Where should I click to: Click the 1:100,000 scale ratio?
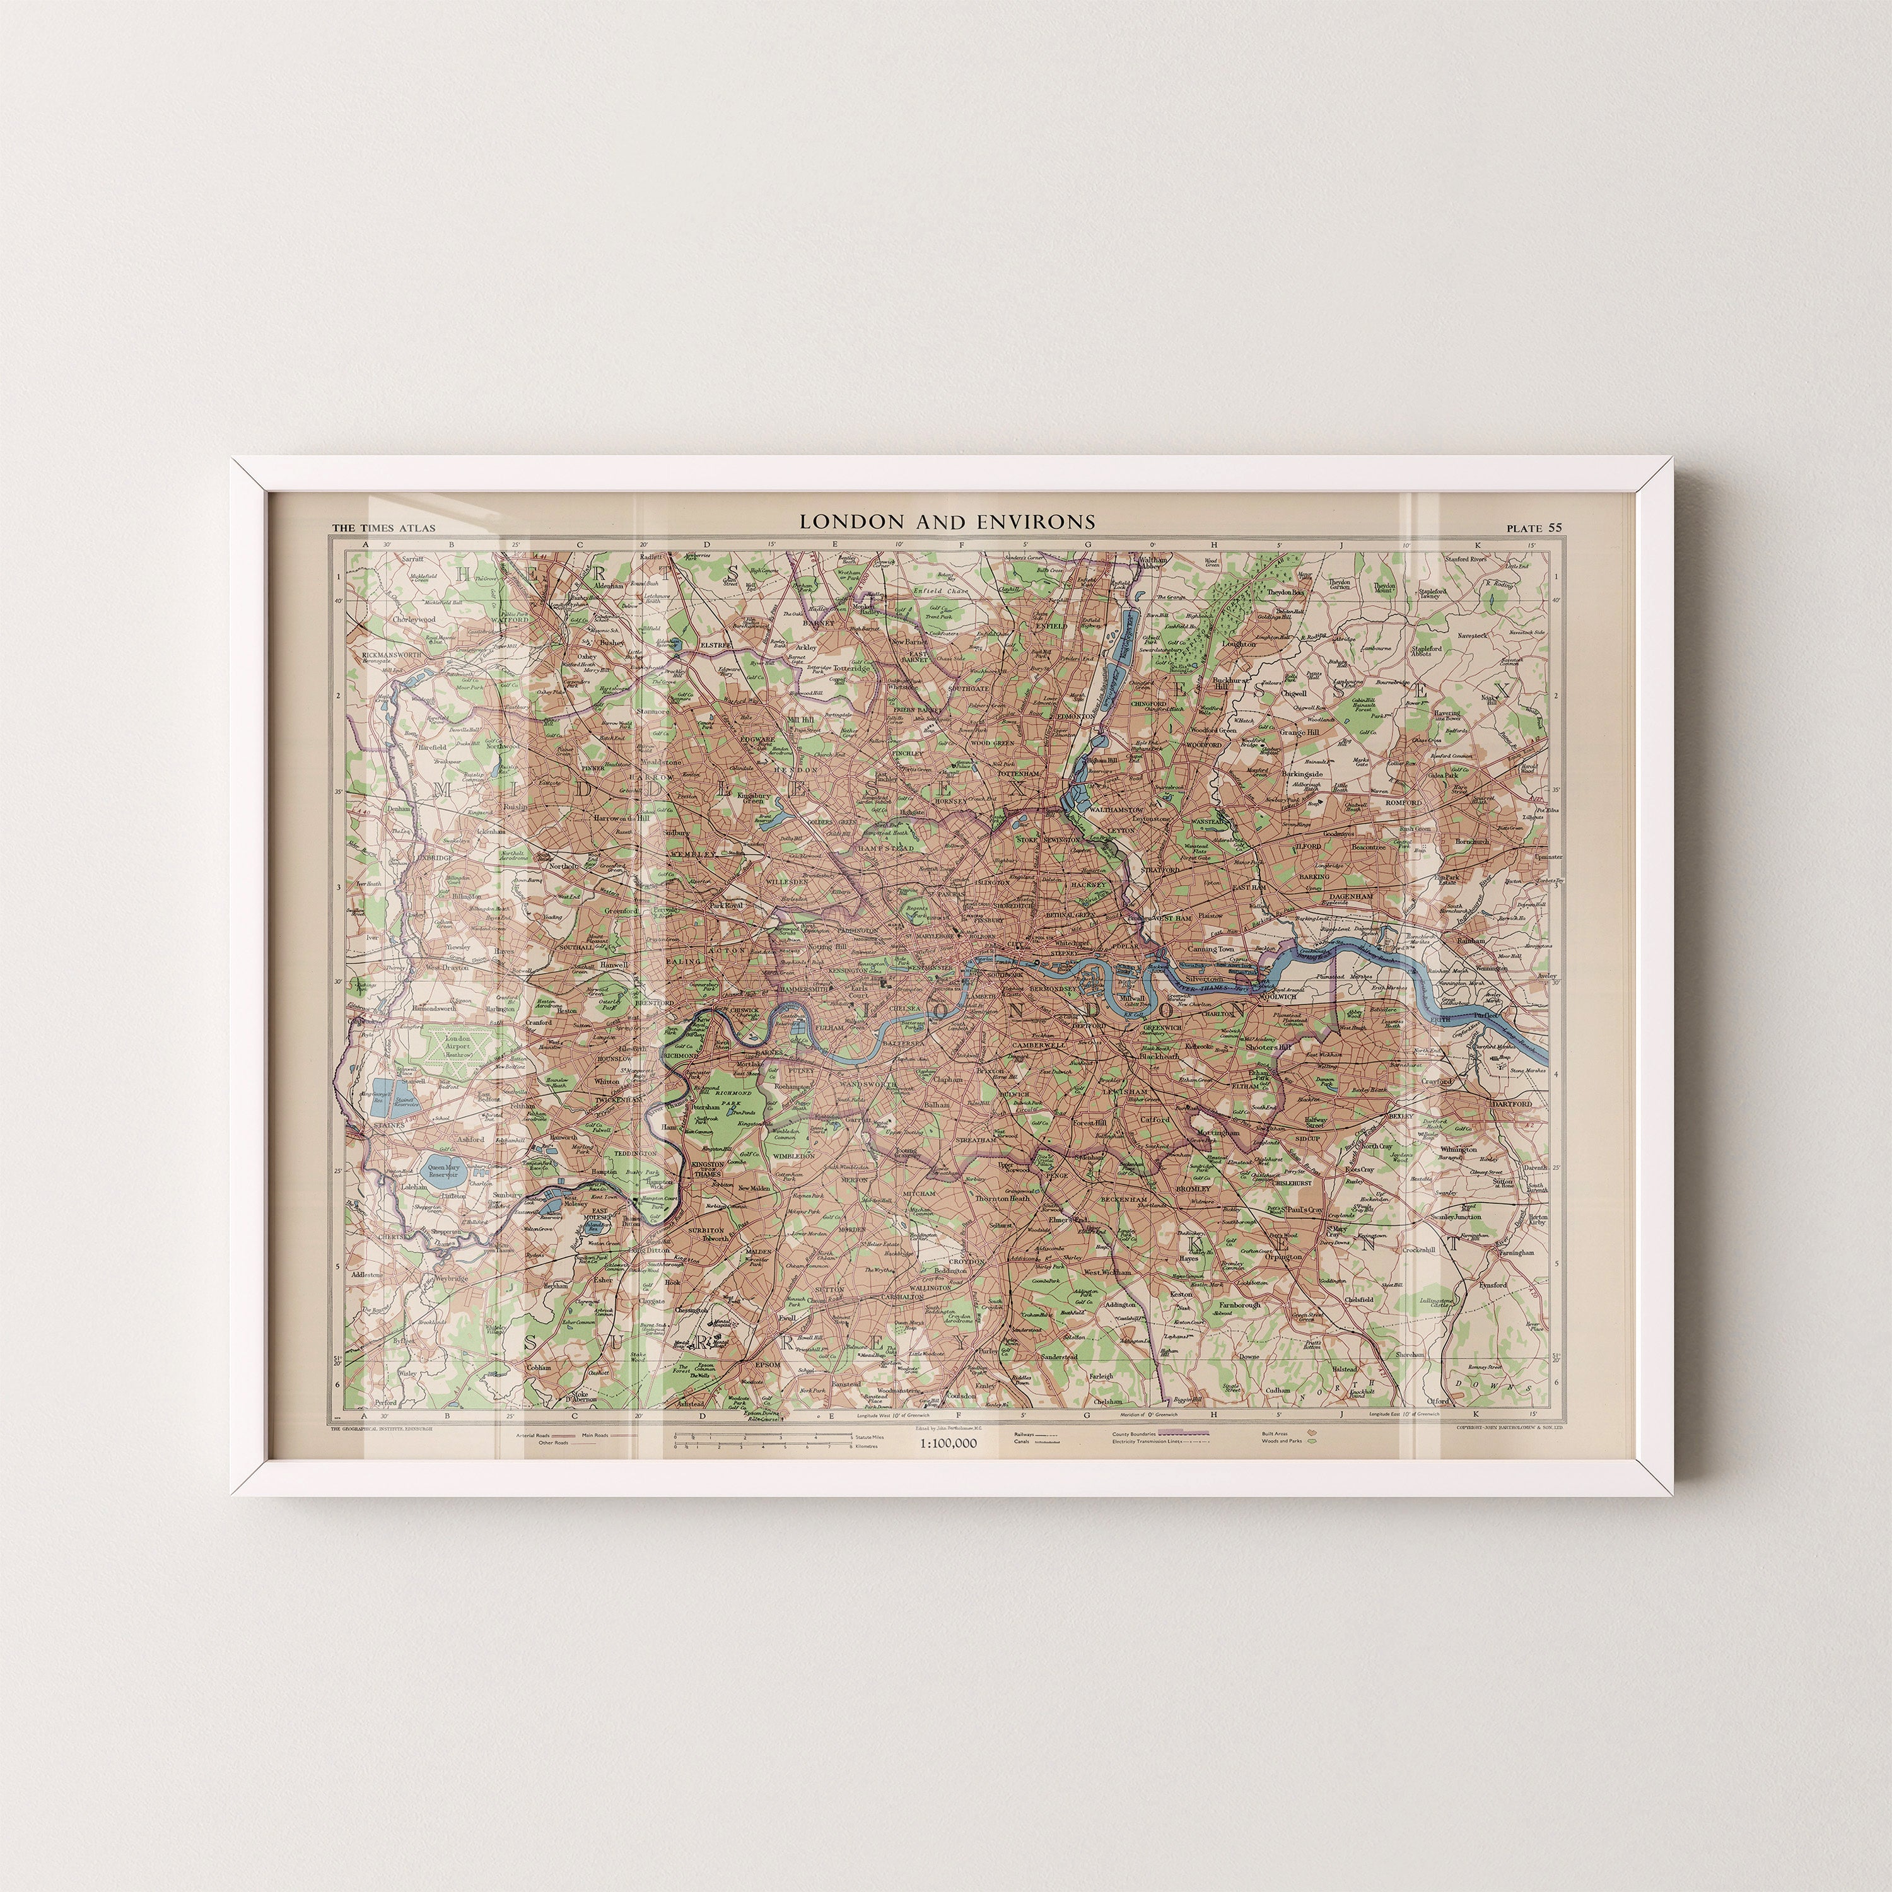pyautogui.click(x=947, y=1442)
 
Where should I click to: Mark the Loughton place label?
pyautogui.click(x=1239, y=645)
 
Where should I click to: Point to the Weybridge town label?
pyautogui.click(x=452, y=1278)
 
